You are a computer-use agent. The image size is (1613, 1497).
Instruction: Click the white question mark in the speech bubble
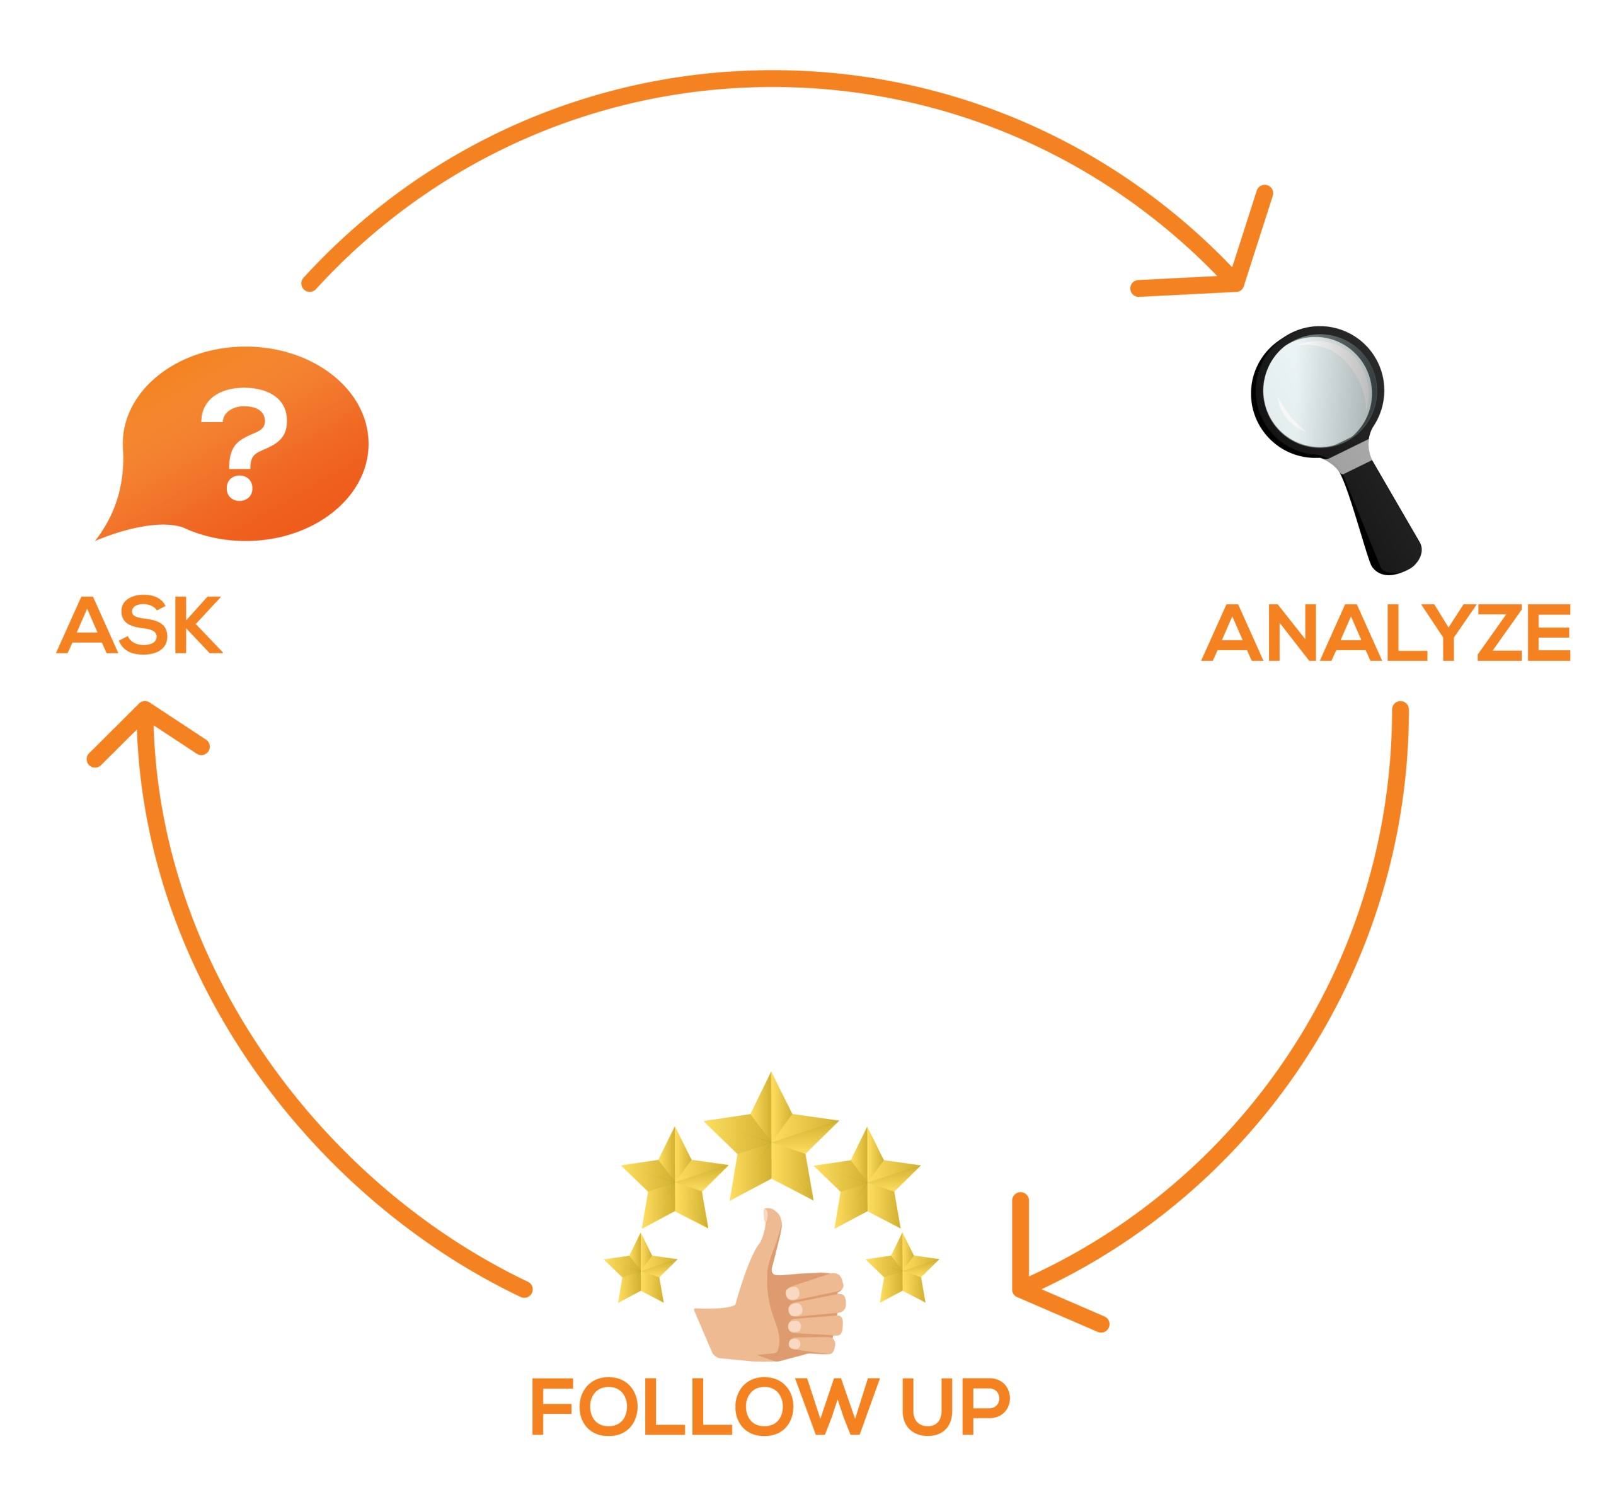click(243, 442)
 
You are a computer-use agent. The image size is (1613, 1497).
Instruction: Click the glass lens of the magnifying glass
click(1316, 391)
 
